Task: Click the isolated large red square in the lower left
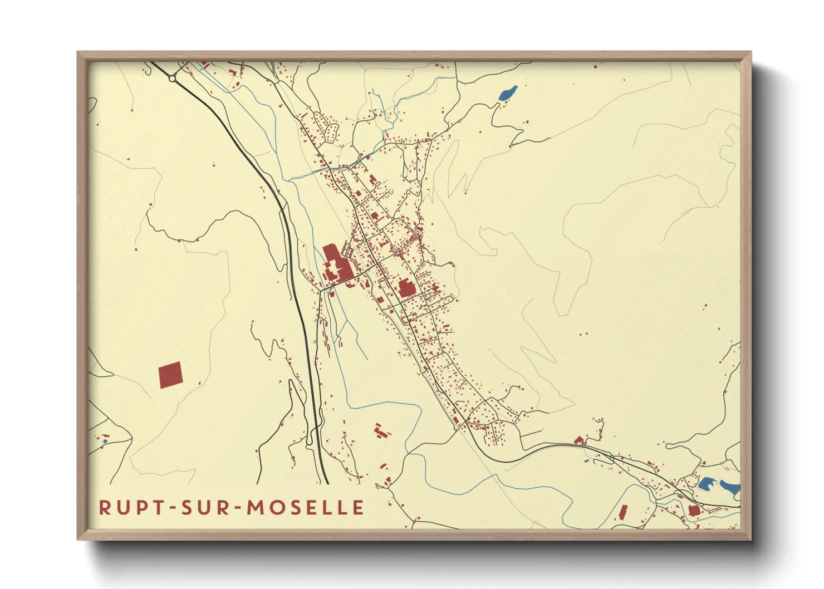tap(170, 375)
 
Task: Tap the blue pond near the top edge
tap(508, 92)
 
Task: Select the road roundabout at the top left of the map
tap(173, 78)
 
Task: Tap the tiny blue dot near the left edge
tap(105, 441)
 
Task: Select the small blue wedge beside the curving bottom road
tap(586, 461)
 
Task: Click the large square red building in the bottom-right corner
tap(693, 510)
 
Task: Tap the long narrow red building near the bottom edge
tap(623, 512)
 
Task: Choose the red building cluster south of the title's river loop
tap(381, 431)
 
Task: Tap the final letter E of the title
tap(359, 507)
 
